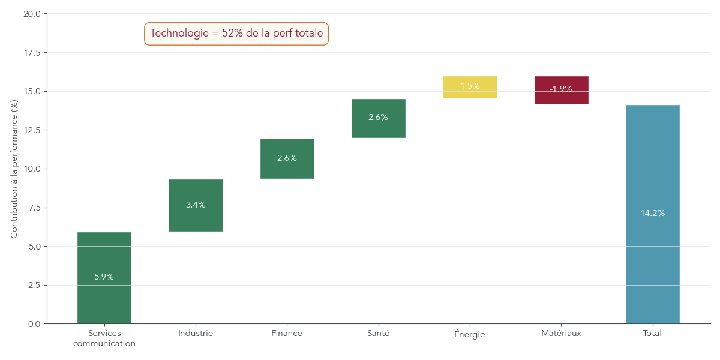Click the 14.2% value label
tap(652, 213)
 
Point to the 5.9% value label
tap(104, 277)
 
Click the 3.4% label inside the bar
tap(196, 205)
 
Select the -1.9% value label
tap(561, 89)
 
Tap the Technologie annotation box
tap(236, 34)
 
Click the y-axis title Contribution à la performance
tap(14, 169)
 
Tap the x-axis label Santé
tap(378, 333)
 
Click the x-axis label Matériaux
tap(561, 333)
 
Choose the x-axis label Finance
tap(287, 333)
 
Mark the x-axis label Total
tap(652, 333)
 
